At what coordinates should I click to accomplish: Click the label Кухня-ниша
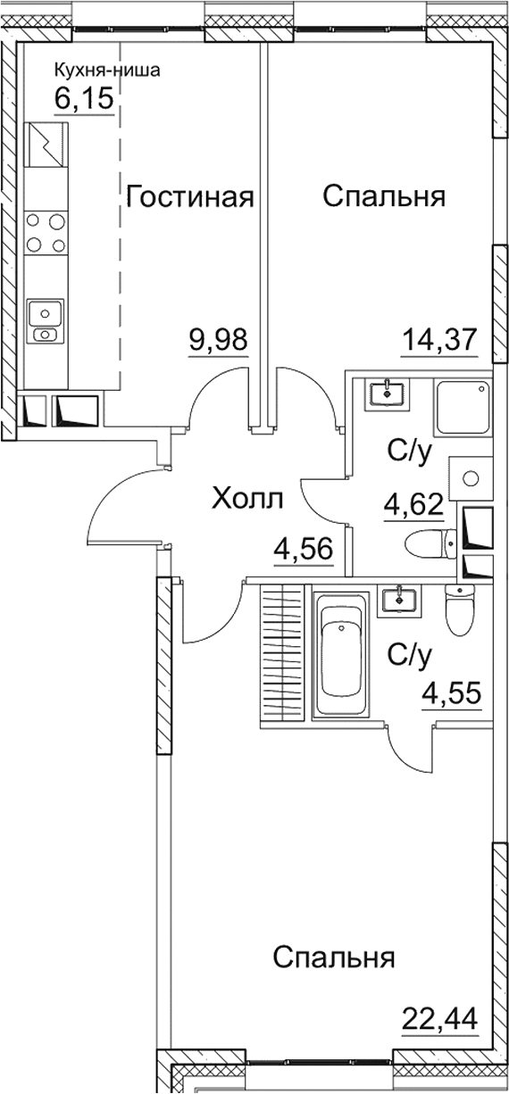click(107, 71)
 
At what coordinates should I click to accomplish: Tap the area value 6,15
click(85, 97)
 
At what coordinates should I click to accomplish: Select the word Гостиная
click(190, 196)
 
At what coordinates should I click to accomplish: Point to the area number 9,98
click(217, 340)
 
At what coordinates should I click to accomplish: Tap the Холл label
click(247, 499)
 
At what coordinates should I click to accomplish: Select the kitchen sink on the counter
click(45, 321)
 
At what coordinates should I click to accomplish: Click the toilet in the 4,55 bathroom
click(460, 610)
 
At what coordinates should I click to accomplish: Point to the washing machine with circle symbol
click(471, 480)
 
